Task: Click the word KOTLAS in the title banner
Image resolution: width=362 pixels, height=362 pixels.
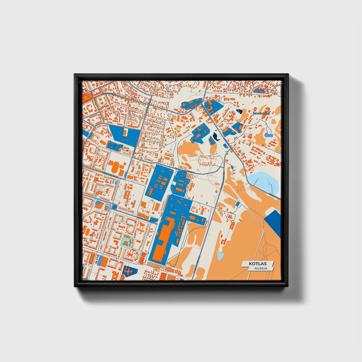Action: [258, 264]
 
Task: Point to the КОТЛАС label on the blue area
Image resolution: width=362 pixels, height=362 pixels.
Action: [126, 140]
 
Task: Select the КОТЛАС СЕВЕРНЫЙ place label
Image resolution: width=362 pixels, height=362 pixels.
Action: [259, 90]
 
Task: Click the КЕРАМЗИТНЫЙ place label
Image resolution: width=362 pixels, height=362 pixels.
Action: [261, 113]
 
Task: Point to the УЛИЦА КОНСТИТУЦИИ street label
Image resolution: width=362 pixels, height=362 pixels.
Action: [184, 171]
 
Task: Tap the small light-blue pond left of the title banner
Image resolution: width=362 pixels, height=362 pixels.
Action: [220, 256]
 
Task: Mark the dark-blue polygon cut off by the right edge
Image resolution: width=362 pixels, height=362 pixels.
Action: [273, 222]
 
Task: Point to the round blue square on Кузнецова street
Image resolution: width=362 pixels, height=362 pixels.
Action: [114, 207]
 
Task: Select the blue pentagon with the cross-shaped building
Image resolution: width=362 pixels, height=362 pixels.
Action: [130, 271]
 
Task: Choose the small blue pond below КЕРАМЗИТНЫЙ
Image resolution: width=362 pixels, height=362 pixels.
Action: [269, 135]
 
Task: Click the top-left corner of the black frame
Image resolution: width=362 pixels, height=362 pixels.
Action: [75, 74]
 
